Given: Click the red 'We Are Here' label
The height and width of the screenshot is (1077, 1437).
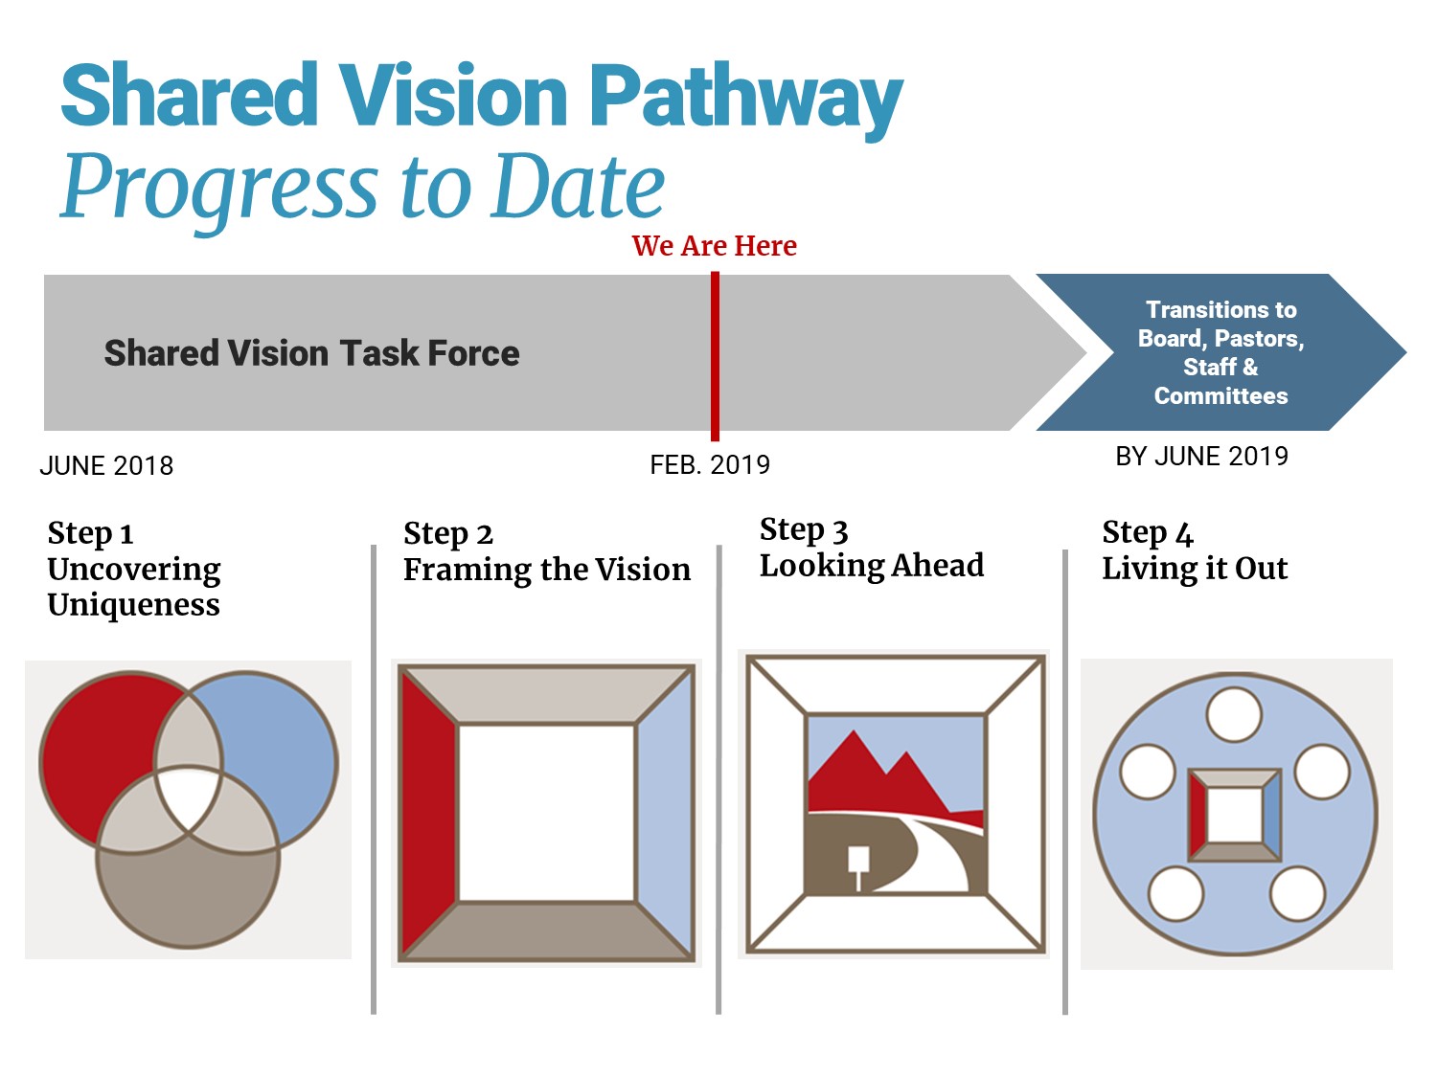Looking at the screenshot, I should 714,246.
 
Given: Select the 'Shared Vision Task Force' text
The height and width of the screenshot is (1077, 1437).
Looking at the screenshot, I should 311,353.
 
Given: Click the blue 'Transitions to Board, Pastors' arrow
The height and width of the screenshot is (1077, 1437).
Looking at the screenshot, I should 1220,352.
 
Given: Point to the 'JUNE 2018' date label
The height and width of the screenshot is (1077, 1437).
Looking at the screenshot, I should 106,466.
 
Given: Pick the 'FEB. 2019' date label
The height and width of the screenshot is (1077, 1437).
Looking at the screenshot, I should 710,465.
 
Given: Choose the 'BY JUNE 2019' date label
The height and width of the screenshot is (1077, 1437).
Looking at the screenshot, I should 1201,457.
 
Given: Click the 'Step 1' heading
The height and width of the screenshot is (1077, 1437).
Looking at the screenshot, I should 90,533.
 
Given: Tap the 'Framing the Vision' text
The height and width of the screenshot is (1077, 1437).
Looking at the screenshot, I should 546,570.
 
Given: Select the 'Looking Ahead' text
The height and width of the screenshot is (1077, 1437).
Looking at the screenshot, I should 871,566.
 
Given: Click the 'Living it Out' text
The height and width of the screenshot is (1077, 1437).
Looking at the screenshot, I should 1195,569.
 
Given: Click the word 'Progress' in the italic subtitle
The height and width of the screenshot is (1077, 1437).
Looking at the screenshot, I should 220,187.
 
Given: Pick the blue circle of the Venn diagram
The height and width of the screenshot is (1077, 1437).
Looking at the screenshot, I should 278,737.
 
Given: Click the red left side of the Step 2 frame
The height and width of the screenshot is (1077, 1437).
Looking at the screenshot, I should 426,814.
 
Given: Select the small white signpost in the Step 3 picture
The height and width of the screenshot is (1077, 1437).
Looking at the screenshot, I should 858,862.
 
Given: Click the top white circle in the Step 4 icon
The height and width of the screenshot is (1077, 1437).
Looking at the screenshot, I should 1234,715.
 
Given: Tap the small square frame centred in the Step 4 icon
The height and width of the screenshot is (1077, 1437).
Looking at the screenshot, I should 1235,815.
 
